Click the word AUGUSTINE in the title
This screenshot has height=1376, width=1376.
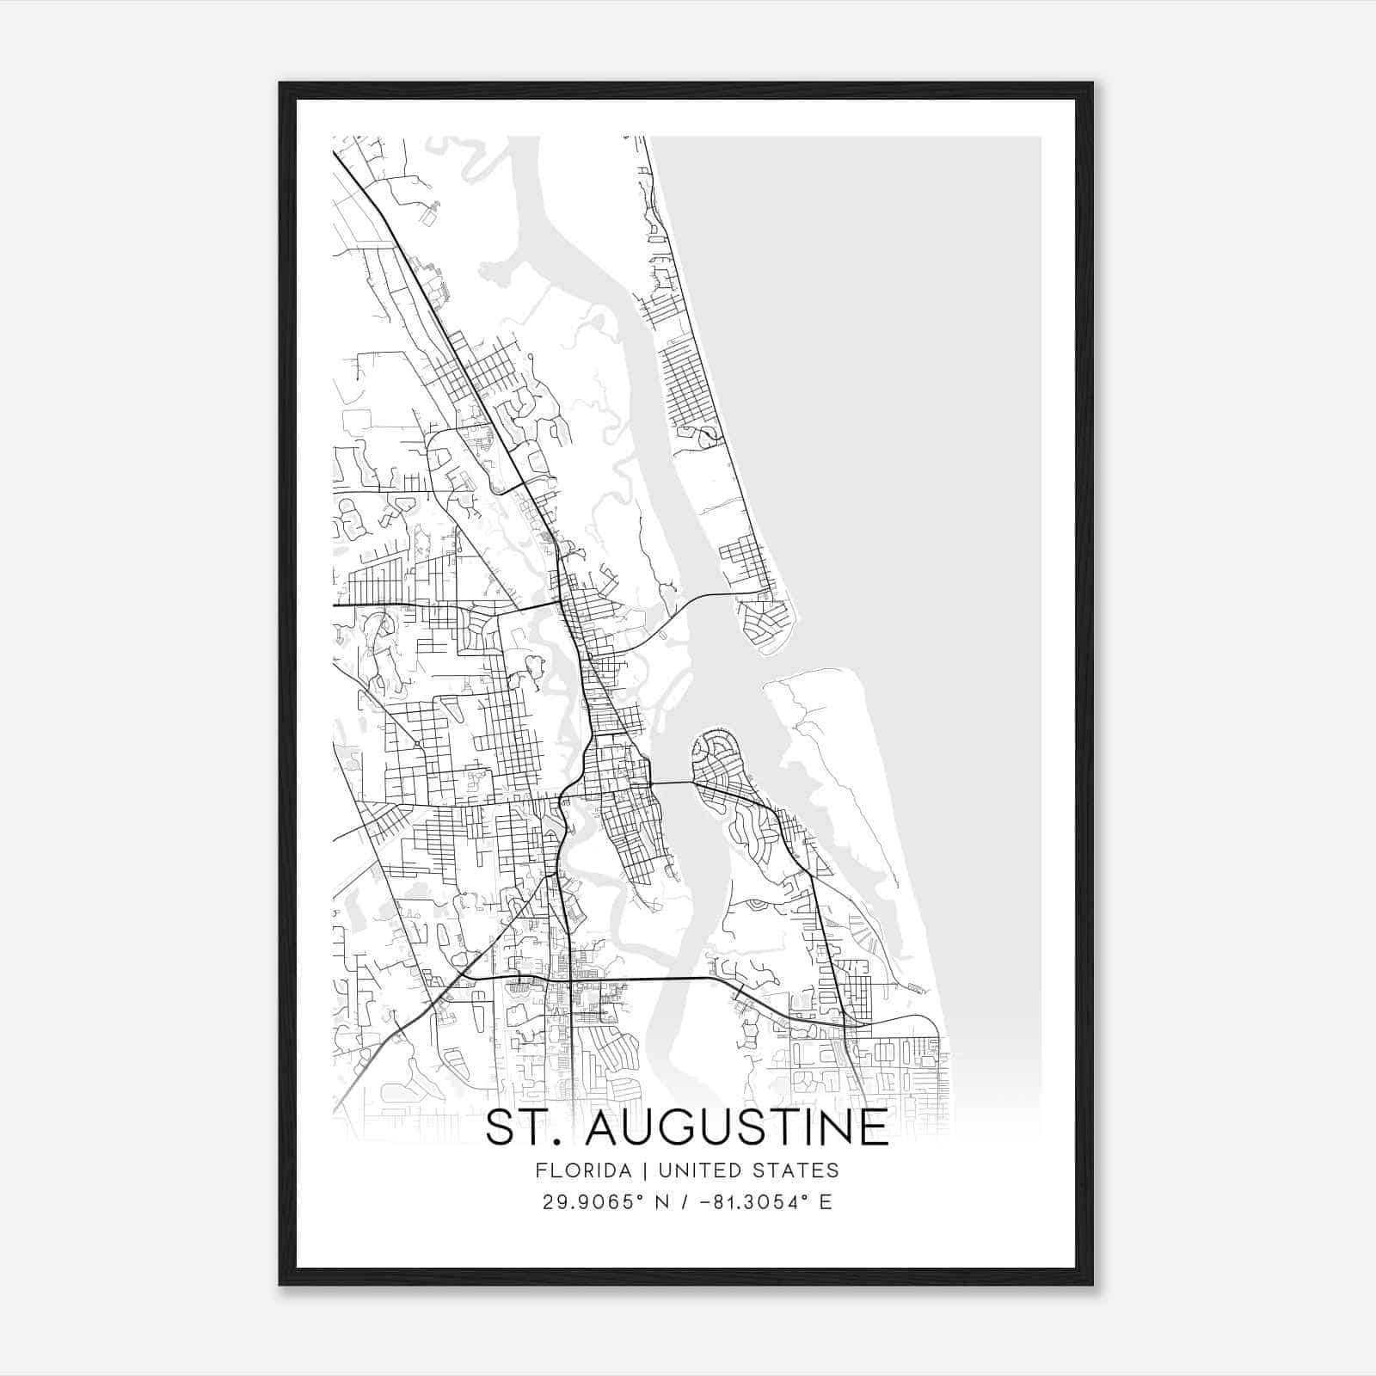736,1127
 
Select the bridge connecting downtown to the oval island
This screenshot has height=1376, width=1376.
673,783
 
